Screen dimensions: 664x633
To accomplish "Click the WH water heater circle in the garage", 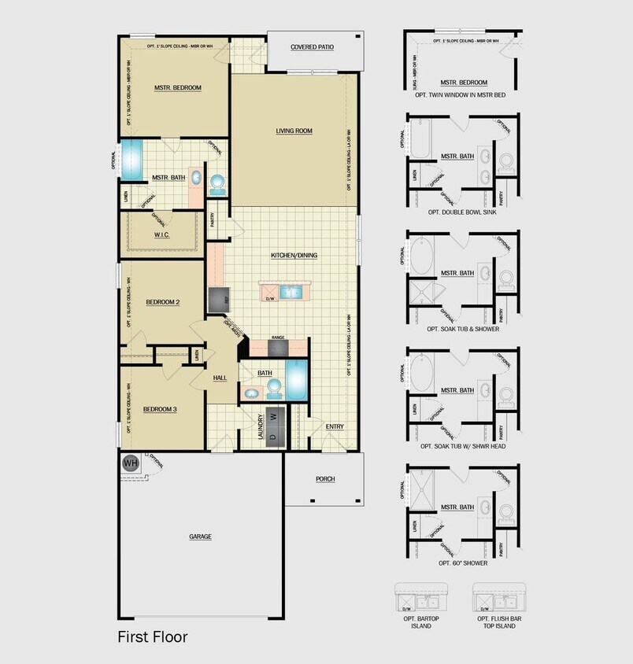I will tap(130, 463).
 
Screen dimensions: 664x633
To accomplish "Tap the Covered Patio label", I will tap(312, 47).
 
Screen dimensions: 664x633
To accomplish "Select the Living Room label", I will tap(294, 131).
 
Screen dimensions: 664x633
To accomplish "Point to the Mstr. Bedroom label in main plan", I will tap(178, 87).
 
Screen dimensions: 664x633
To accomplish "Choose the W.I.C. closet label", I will tap(163, 234).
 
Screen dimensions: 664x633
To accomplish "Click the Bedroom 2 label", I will tap(162, 302).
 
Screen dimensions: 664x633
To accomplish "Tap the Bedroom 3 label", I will tap(159, 409).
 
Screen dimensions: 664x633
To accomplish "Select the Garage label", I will tap(200, 537).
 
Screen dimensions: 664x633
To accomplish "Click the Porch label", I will tap(325, 478).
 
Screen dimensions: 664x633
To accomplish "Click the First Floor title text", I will tap(153, 636).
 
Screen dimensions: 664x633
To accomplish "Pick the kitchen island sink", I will tap(292, 293).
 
